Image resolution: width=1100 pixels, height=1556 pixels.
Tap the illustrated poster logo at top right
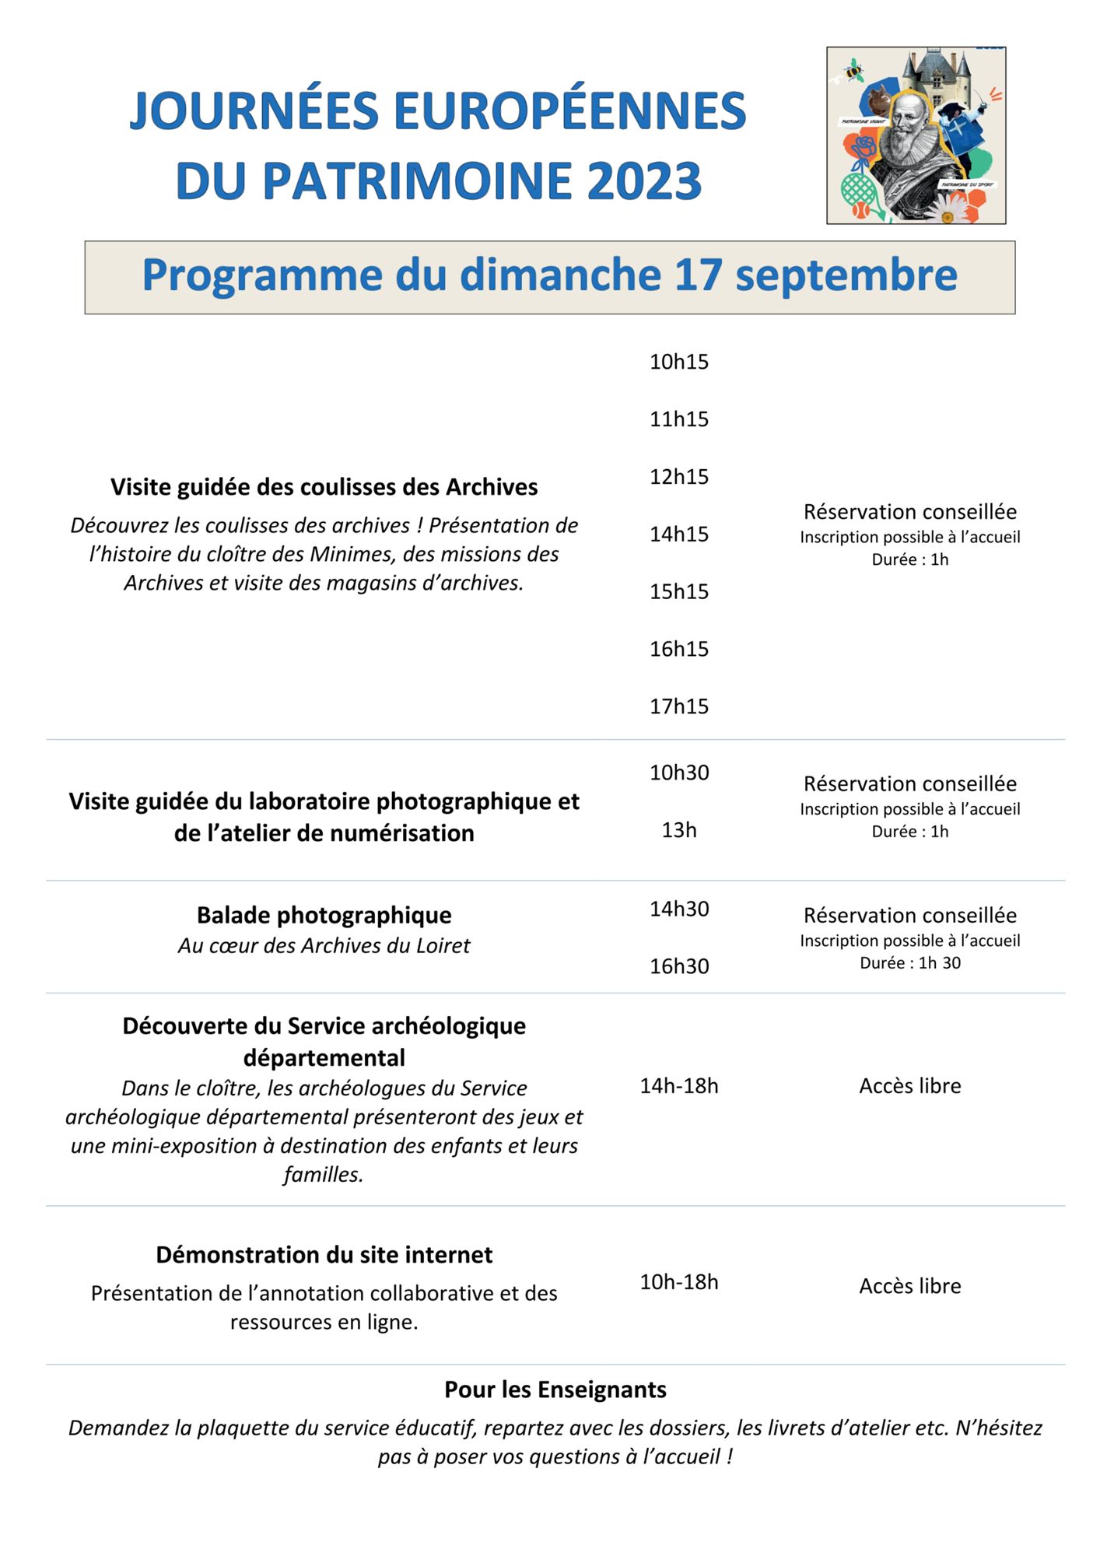tap(916, 135)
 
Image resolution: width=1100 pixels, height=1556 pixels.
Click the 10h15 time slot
tap(679, 362)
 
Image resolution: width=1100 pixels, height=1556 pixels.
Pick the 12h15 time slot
tap(679, 476)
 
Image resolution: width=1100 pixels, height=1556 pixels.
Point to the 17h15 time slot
tap(679, 706)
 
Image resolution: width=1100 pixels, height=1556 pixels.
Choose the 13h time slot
tap(679, 830)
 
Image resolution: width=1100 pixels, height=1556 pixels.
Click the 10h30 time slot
tap(679, 773)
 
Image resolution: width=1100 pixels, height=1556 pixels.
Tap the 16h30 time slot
tap(679, 966)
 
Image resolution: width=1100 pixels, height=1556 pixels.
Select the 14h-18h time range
tap(679, 1085)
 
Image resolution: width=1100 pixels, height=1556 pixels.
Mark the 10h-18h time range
tap(679, 1281)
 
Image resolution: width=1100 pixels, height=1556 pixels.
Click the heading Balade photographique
tap(324, 915)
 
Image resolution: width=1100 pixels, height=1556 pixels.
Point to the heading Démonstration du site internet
tap(324, 1254)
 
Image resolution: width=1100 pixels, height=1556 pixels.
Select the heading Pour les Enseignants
tap(555, 1389)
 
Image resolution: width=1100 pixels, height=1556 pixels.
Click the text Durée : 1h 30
tap(909, 963)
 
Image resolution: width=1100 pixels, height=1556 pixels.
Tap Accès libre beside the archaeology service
tap(909, 1085)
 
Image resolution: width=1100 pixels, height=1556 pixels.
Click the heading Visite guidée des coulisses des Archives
tap(324, 487)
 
